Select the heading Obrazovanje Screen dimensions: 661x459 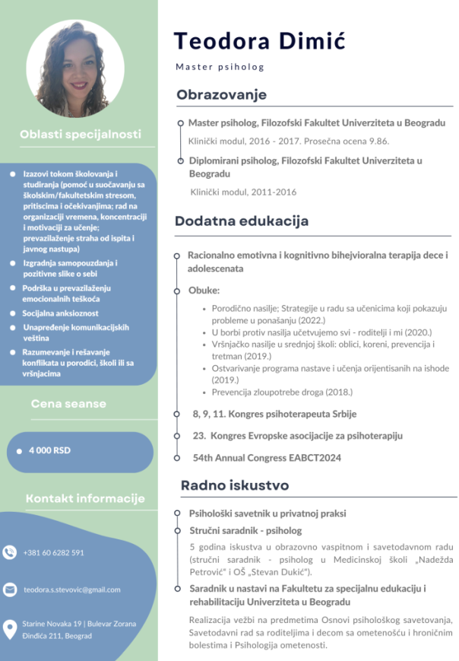[x=221, y=94]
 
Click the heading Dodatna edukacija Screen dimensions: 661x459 [x=242, y=221]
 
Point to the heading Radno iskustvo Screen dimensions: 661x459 [x=234, y=485]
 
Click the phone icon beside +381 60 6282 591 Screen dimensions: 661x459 [x=9, y=552]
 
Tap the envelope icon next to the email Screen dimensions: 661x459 [x=9, y=589]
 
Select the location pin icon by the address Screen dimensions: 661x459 [x=9, y=628]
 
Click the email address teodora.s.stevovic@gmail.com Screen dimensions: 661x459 [x=72, y=589]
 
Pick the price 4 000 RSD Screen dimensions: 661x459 [x=49, y=450]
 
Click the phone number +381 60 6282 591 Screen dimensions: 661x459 [x=53, y=552]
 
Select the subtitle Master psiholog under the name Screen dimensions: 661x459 [x=220, y=67]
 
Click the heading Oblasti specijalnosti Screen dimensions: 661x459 [x=80, y=135]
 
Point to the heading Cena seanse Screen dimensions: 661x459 [x=68, y=403]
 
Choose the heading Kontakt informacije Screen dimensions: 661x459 [x=85, y=498]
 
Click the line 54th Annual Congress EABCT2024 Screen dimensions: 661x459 [x=267, y=458]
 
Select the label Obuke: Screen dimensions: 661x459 [x=204, y=291]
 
